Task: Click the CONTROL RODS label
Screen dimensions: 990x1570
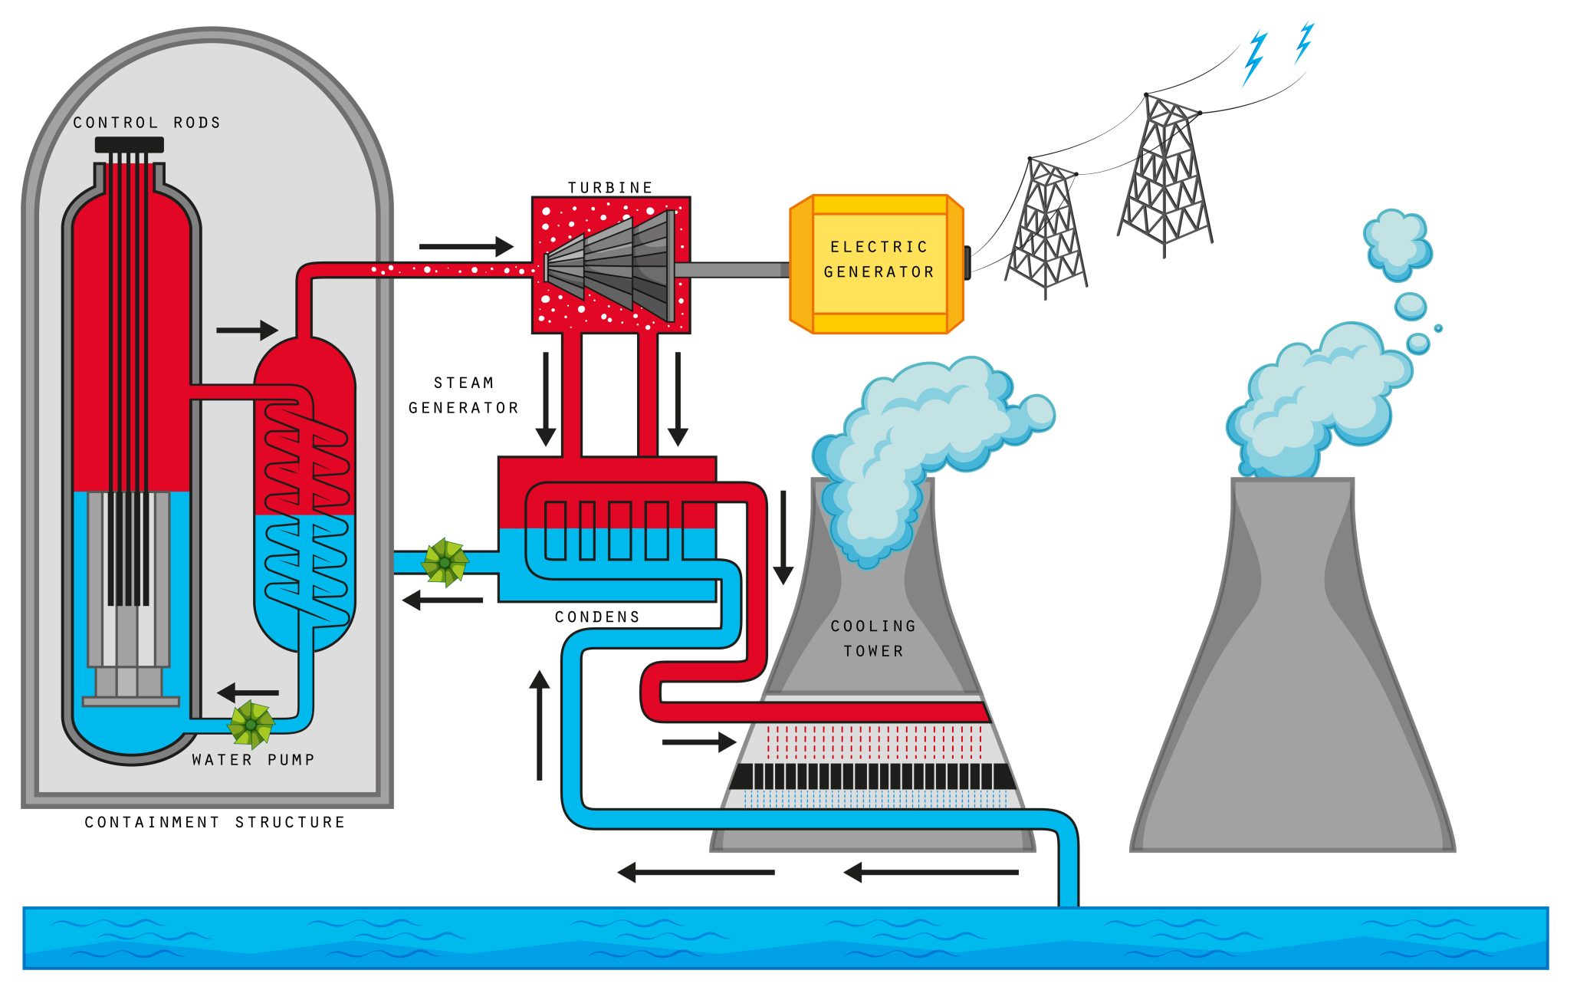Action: pyautogui.click(x=146, y=123)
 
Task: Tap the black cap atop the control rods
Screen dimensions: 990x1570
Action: pyautogui.click(x=129, y=144)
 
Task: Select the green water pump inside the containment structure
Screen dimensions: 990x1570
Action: pyautogui.click(x=251, y=724)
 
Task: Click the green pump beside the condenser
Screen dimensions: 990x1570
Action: pyautogui.click(x=445, y=562)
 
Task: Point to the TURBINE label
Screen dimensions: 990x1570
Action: pyautogui.click(x=610, y=187)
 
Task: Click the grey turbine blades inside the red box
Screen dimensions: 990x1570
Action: pyautogui.click(x=613, y=265)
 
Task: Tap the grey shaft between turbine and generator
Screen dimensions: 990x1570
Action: pyautogui.click(x=732, y=270)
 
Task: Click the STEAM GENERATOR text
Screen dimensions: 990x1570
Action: pyautogui.click(x=463, y=395)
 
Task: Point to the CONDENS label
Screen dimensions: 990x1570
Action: pyautogui.click(x=597, y=617)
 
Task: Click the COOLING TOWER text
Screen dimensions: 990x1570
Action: pyautogui.click(x=873, y=638)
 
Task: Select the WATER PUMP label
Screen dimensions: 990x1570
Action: pyautogui.click(x=253, y=759)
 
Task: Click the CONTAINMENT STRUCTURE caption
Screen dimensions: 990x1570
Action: pyautogui.click(x=215, y=822)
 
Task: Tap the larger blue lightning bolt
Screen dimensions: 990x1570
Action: pyautogui.click(x=1254, y=58)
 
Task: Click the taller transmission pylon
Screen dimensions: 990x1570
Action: pyautogui.click(x=1165, y=176)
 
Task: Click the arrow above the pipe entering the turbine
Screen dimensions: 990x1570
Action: pyautogui.click(x=466, y=246)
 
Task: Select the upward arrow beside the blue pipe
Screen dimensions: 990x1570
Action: pyautogui.click(x=540, y=725)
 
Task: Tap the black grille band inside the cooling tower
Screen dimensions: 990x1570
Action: pyautogui.click(x=872, y=776)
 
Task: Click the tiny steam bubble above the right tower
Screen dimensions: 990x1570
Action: pyautogui.click(x=1438, y=328)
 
